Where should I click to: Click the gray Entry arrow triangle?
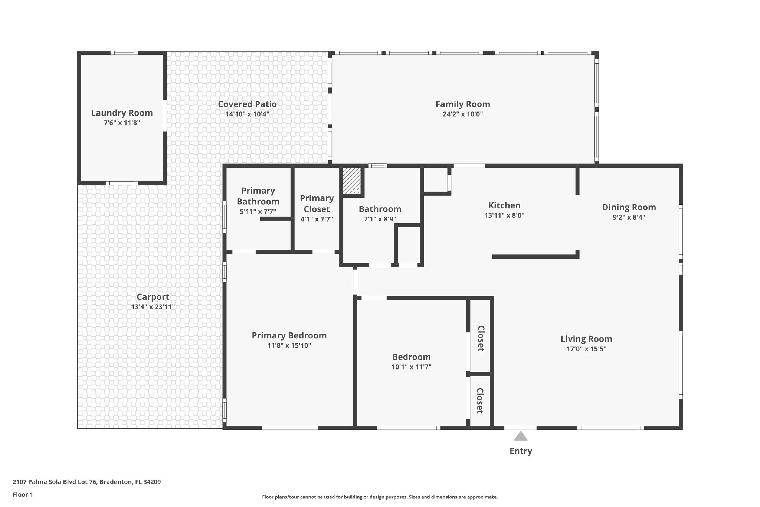pyautogui.click(x=521, y=436)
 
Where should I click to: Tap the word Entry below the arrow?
pyautogui.click(x=521, y=451)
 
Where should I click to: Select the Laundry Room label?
pyautogui.click(x=122, y=113)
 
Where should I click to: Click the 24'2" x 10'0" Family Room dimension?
pyautogui.click(x=463, y=114)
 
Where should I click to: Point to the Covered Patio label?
pyautogui.click(x=247, y=104)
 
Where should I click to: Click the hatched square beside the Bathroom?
pyautogui.click(x=351, y=181)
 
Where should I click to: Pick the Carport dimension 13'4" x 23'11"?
pyautogui.click(x=153, y=307)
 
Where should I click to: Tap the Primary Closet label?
pyautogui.click(x=317, y=203)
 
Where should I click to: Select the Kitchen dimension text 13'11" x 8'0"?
pyautogui.click(x=504, y=215)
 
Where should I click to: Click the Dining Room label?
pyautogui.click(x=629, y=207)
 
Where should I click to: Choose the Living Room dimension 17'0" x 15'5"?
pyautogui.click(x=586, y=349)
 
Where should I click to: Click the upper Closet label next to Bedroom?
pyautogui.click(x=481, y=338)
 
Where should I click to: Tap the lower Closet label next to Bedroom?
pyautogui.click(x=480, y=400)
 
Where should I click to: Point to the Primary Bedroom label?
pyautogui.click(x=289, y=335)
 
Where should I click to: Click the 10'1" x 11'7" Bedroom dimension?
pyautogui.click(x=412, y=367)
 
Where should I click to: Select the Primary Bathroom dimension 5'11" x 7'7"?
pyautogui.click(x=258, y=212)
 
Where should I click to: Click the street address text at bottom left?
pyautogui.click(x=86, y=482)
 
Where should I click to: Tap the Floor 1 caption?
pyautogui.click(x=23, y=494)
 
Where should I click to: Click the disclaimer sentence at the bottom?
pyautogui.click(x=380, y=497)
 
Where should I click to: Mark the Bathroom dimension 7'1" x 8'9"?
pyautogui.click(x=380, y=219)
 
